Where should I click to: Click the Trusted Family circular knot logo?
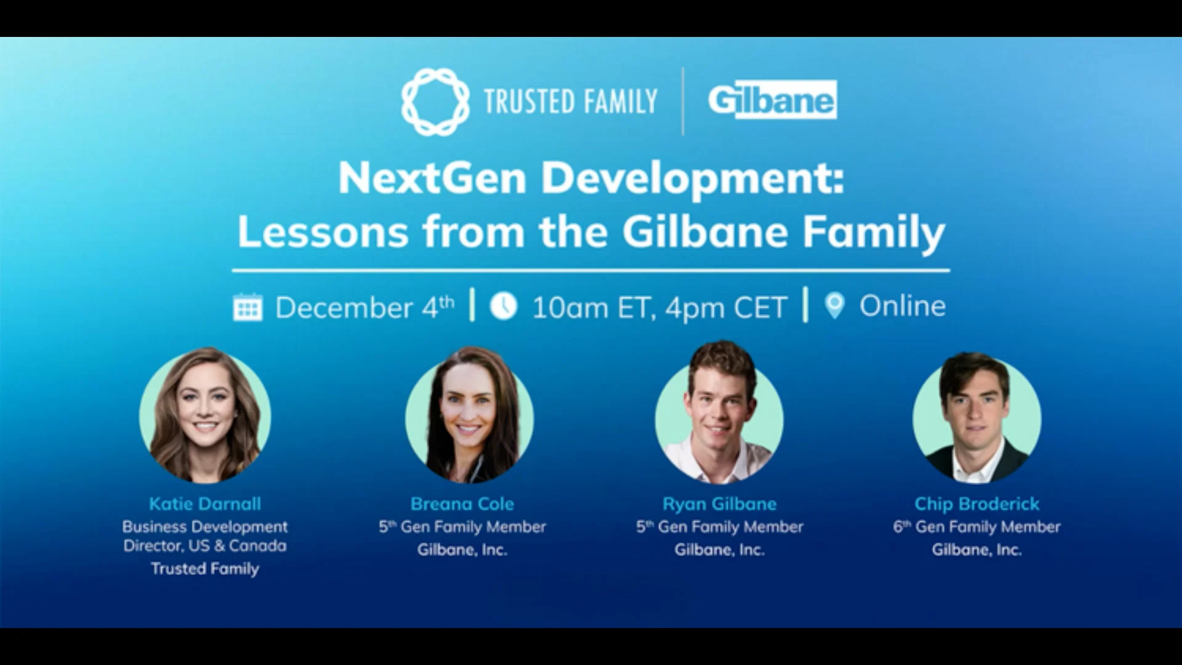point(435,102)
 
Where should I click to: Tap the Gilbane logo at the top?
point(772,100)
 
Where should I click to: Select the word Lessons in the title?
point(323,232)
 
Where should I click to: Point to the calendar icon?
point(247,307)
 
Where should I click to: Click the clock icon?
point(504,306)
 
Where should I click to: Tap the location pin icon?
point(835,305)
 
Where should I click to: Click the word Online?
point(903,306)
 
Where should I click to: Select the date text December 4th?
point(364,307)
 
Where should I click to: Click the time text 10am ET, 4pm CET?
point(659,307)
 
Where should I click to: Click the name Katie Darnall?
point(205,504)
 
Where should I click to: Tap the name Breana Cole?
point(462,504)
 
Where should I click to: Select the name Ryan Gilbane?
point(720,504)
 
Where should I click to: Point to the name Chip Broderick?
point(977,504)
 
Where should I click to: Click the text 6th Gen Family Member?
point(977,526)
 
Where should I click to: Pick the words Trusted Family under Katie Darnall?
point(205,568)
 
